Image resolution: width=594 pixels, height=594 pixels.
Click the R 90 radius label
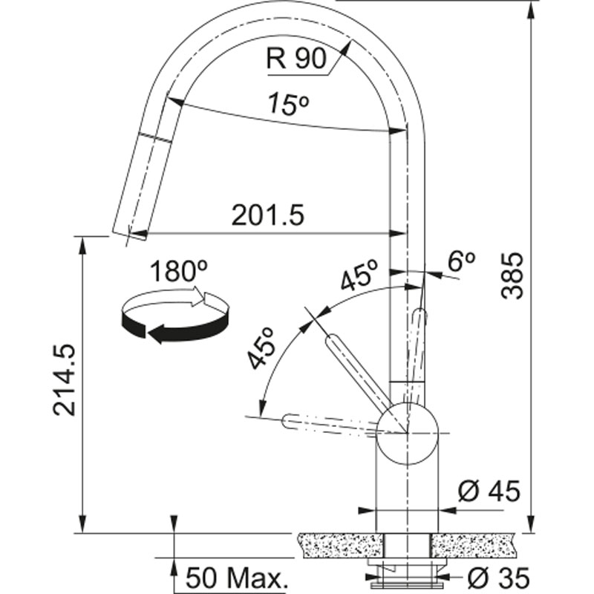coord(296,59)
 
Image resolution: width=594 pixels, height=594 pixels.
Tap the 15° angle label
coord(288,103)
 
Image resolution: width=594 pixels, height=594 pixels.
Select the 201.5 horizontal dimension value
coord(268,215)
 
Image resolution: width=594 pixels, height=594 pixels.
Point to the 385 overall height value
coord(512,275)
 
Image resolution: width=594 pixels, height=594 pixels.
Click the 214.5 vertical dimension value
coord(64,380)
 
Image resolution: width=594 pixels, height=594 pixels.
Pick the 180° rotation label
coord(179,271)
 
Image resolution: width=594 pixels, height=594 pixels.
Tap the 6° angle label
coord(461,261)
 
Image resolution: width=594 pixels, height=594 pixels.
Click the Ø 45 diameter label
coord(489,492)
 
